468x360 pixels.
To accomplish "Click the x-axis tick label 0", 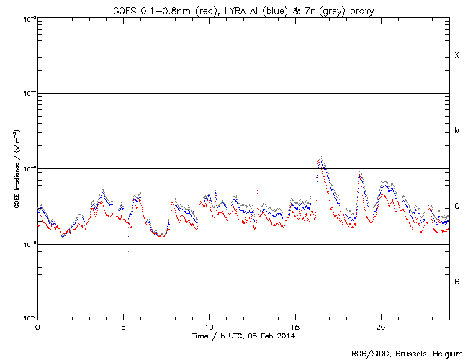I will click(37, 326).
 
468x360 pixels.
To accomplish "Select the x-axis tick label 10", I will click(209, 326).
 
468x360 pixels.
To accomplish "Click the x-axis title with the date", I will click(243, 336).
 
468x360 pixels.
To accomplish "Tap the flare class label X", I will click(456, 55).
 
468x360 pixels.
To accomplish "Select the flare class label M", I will click(456, 131).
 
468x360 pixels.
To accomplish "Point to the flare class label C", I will click(456, 207).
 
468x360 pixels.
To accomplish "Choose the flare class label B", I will click(456, 282).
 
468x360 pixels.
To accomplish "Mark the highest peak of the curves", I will click(320, 157).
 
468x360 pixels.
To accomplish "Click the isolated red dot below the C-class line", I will click(129, 251).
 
